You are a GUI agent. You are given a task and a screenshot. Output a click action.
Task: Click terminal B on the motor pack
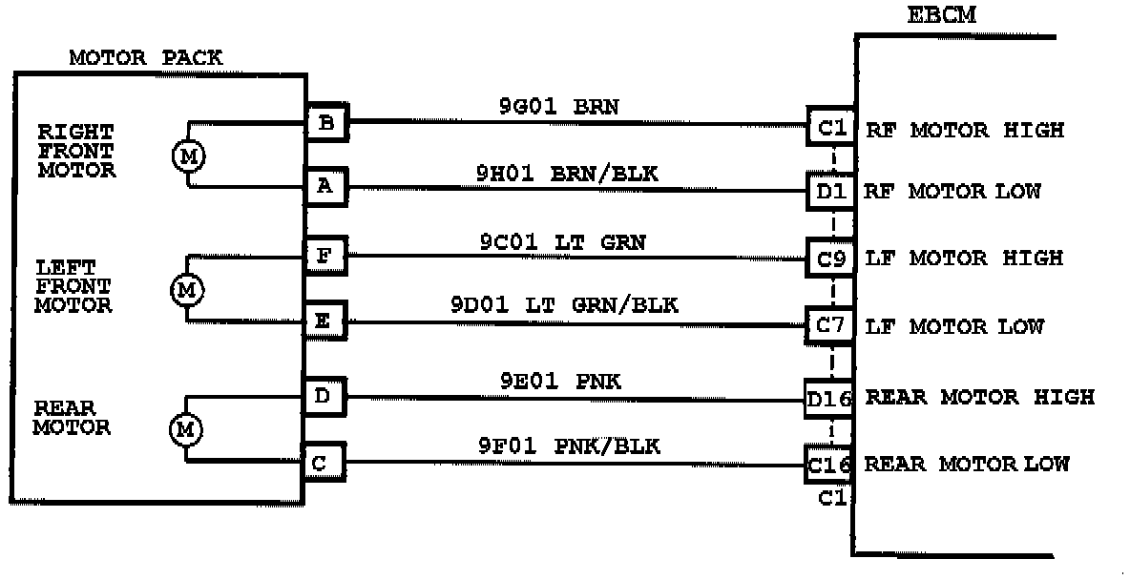tap(326, 123)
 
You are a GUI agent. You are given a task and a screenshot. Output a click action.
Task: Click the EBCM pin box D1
tap(829, 191)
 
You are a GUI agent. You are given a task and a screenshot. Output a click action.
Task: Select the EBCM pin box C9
tap(829, 258)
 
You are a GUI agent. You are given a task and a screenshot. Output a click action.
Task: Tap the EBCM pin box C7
tap(829, 326)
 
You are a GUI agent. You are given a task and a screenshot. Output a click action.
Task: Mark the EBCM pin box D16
tap(828, 397)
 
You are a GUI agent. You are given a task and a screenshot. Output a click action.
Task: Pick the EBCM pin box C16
tap(828, 465)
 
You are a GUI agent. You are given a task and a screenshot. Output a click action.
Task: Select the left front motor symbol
tap(187, 289)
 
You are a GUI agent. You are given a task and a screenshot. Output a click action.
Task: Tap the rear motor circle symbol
tap(186, 430)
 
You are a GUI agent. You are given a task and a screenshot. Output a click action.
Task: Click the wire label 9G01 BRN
tap(558, 107)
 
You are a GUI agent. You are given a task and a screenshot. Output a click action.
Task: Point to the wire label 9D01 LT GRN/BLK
tap(564, 306)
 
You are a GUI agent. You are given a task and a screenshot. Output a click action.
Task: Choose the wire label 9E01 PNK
tap(560, 383)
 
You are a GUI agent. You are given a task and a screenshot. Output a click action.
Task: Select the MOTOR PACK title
tap(146, 58)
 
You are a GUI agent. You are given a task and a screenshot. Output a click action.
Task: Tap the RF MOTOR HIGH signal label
tap(964, 130)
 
